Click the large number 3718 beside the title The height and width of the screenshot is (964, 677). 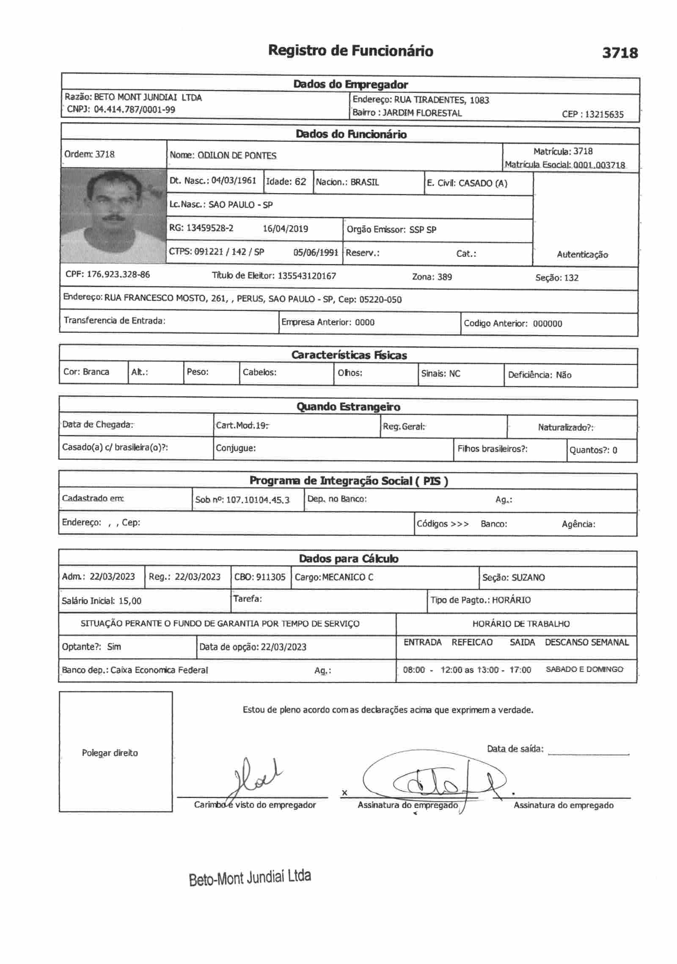click(x=619, y=53)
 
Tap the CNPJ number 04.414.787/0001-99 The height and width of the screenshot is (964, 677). click(x=135, y=110)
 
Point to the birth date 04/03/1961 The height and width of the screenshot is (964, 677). click(x=234, y=181)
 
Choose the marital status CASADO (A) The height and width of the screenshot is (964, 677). click(x=483, y=183)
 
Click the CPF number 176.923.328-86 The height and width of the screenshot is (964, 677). click(x=118, y=274)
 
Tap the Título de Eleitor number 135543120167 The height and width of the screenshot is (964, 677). click(x=307, y=276)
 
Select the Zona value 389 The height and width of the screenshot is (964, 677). click(x=444, y=277)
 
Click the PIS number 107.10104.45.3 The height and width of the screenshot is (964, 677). click(x=258, y=500)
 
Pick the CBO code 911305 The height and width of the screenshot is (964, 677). click(x=271, y=577)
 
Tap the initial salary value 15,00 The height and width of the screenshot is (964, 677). click(x=130, y=601)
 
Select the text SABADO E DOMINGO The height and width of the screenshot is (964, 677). click(x=584, y=669)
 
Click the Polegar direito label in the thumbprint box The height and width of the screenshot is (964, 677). click(x=110, y=753)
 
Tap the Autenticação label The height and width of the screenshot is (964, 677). click(x=582, y=255)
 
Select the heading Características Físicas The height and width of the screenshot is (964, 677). click(x=349, y=355)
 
